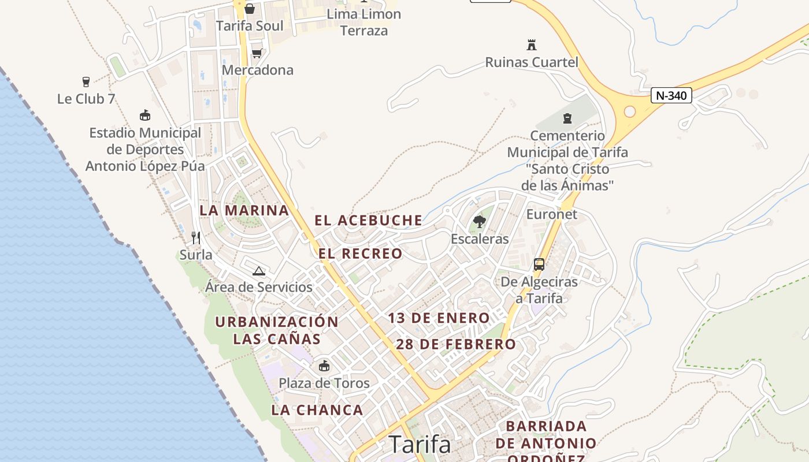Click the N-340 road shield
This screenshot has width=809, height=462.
[x=671, y=95]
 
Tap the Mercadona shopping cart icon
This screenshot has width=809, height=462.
[x=257, y=53]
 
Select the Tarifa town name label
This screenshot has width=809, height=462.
[x=420, y=445]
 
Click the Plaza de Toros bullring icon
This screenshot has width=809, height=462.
[x=324, y=366]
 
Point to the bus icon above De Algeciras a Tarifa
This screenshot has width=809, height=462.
[x=539, y=264]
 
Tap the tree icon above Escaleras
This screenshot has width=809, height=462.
[x=479, y=221]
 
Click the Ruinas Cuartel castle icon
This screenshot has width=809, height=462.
[x=532, y=44]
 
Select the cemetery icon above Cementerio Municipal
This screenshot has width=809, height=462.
[x=567, y=118]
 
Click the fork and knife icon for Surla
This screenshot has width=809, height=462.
[x=196, y=237]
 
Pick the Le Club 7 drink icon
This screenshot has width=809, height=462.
[x=86, y=82]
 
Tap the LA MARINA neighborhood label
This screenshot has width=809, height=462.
[x=244, y=210]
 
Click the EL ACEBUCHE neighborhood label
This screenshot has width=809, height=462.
[x=368, y=220]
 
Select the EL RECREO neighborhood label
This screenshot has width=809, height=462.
[x=360, y=254]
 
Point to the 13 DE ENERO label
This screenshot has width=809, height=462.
[x=439, y=318]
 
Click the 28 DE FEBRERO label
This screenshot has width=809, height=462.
[x=456, y=344]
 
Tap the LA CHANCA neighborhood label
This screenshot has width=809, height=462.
[x=317, y=410]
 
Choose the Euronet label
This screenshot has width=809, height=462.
[x=551, y=214]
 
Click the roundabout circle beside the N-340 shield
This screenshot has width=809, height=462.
[x=630, y=111]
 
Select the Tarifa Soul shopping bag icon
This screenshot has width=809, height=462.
[x=250, y=9]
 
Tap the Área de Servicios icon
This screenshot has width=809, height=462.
[x=259, y=271]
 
